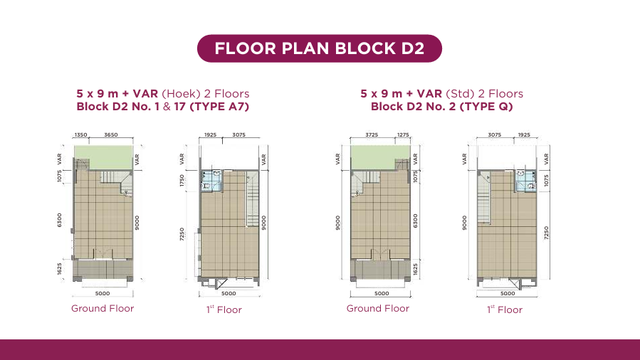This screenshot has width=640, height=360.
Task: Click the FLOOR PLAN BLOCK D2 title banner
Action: [320, 48]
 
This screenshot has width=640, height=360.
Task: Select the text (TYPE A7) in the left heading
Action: [219, 107]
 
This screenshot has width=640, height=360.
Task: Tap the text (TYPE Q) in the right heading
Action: [486, 107]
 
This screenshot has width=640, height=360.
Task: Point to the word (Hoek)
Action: [182, 94]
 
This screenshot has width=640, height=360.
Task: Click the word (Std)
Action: [460, 94]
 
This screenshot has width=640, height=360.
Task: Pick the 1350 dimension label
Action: [81, 135]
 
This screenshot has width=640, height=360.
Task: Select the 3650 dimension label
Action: [111, 135]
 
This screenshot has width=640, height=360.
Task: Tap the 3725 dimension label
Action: [372, 135]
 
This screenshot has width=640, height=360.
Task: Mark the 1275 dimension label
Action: [403, 135]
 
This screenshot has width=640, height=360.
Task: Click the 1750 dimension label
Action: [182, 181]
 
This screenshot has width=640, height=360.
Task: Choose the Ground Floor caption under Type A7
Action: [103, 309]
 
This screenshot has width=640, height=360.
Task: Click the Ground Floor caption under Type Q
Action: [378, 309]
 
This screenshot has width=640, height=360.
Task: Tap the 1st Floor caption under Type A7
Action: [224, 310]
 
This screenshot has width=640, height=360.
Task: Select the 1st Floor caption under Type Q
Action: [505, 310]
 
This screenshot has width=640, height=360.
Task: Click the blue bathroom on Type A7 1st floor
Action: [212, 181]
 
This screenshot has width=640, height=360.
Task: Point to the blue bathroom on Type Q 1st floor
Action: [525, 181]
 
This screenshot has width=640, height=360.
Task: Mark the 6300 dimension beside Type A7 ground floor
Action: [60, 220]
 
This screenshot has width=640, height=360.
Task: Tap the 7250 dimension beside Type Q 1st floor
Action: [547, 233]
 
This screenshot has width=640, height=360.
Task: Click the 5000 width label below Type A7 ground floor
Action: [103, 294]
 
